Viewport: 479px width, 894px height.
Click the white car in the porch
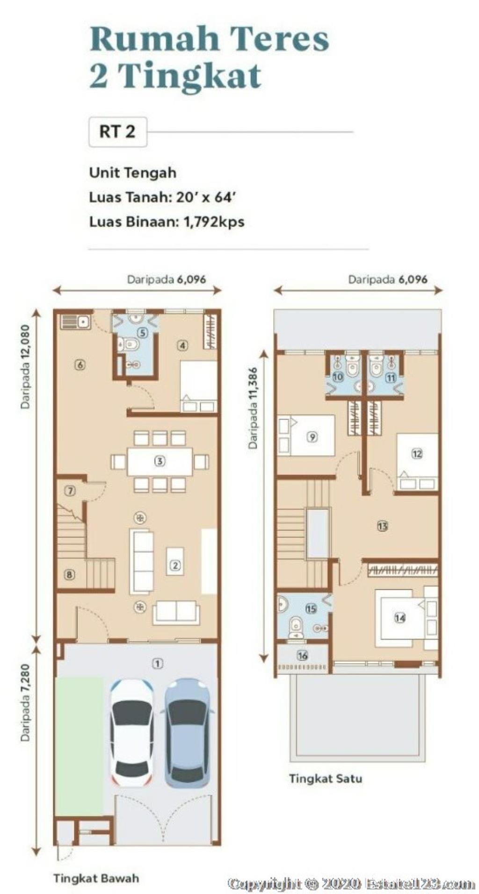[x=131, y=732]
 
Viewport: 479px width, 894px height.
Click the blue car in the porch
[x=187, y=732]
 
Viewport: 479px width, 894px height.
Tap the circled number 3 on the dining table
[x=160, y=461]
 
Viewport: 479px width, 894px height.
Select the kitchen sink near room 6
[x=75, y=322]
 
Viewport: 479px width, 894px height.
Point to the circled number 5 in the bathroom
[x=143, y=332]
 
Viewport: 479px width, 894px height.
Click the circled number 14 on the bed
[x=399, y=618]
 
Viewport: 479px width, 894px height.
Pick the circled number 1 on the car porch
[x=158, y=663]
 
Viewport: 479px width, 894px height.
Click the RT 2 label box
[x=117, y=132]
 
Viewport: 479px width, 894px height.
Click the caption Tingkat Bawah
[x=96, y=878]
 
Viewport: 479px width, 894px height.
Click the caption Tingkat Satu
[x=326, y=779]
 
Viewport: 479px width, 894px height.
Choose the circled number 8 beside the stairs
[x=69, y=574]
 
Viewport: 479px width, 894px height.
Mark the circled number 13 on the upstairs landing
[x=383, y=526]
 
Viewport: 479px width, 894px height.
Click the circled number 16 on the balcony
[x=302, y=655]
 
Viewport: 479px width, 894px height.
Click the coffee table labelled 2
[x=175, y=561]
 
